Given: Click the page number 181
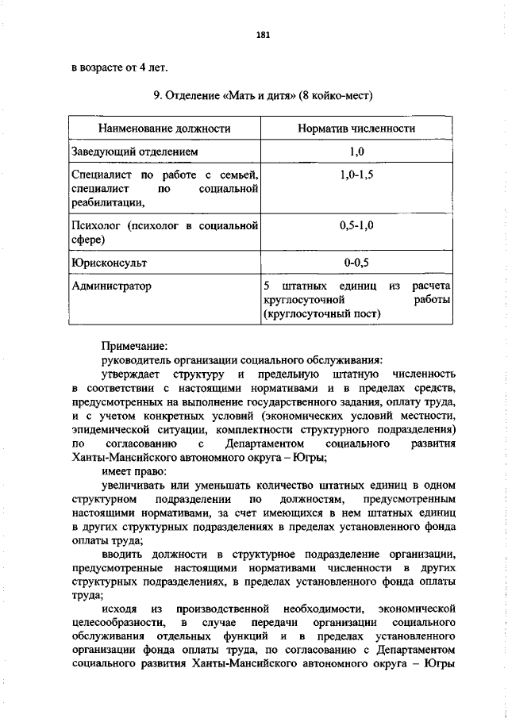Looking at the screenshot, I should (264, 34).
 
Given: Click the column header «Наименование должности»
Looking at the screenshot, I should (164, 128).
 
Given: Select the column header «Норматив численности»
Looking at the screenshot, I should (356, 128).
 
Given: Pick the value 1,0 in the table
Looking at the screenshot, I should (356, 151).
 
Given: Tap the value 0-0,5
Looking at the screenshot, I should (356, 260).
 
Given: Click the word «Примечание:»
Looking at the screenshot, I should (134, 346).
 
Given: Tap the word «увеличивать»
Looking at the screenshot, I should (133, 485).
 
